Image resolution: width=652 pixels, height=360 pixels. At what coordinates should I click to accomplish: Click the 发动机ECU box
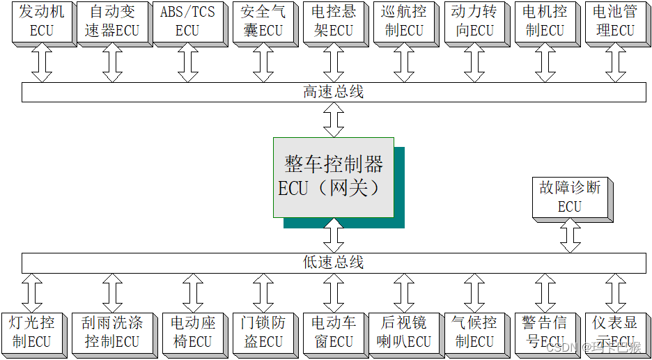click(x=41, y=22)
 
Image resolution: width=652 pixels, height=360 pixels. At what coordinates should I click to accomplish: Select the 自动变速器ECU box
click(x=113, y=22)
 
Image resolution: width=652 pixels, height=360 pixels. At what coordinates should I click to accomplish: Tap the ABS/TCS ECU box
click(x=187, y=22)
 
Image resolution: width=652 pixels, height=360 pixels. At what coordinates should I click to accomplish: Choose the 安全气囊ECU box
click(x=262, y=22)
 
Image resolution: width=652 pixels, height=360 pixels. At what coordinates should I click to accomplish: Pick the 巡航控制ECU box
click(x=402, y=22)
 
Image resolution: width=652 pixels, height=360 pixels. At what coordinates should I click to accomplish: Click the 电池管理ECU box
click(x=614, y=22)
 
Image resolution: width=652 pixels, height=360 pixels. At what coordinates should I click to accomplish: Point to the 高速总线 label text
click(x=334, y=92)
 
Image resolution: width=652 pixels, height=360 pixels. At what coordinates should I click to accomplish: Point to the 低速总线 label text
click(x=334, y=263)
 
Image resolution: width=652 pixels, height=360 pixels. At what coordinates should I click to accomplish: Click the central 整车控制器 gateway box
click(x=333, y=177)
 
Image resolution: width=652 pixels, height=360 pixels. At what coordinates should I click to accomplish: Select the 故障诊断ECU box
click(x=570, y=197)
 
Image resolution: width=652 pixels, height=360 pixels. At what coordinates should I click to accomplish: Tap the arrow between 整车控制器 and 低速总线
click(x=334, y=235)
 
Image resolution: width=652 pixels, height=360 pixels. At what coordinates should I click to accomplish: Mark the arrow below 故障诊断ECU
click(x=570, y=237)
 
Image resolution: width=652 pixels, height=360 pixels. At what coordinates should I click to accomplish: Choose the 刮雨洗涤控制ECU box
click(x=112, y=332)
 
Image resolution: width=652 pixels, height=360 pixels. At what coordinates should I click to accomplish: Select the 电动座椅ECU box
click(x=192, y=332)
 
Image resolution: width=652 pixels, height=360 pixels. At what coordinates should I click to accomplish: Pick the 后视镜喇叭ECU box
click(x=403, y=332)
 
